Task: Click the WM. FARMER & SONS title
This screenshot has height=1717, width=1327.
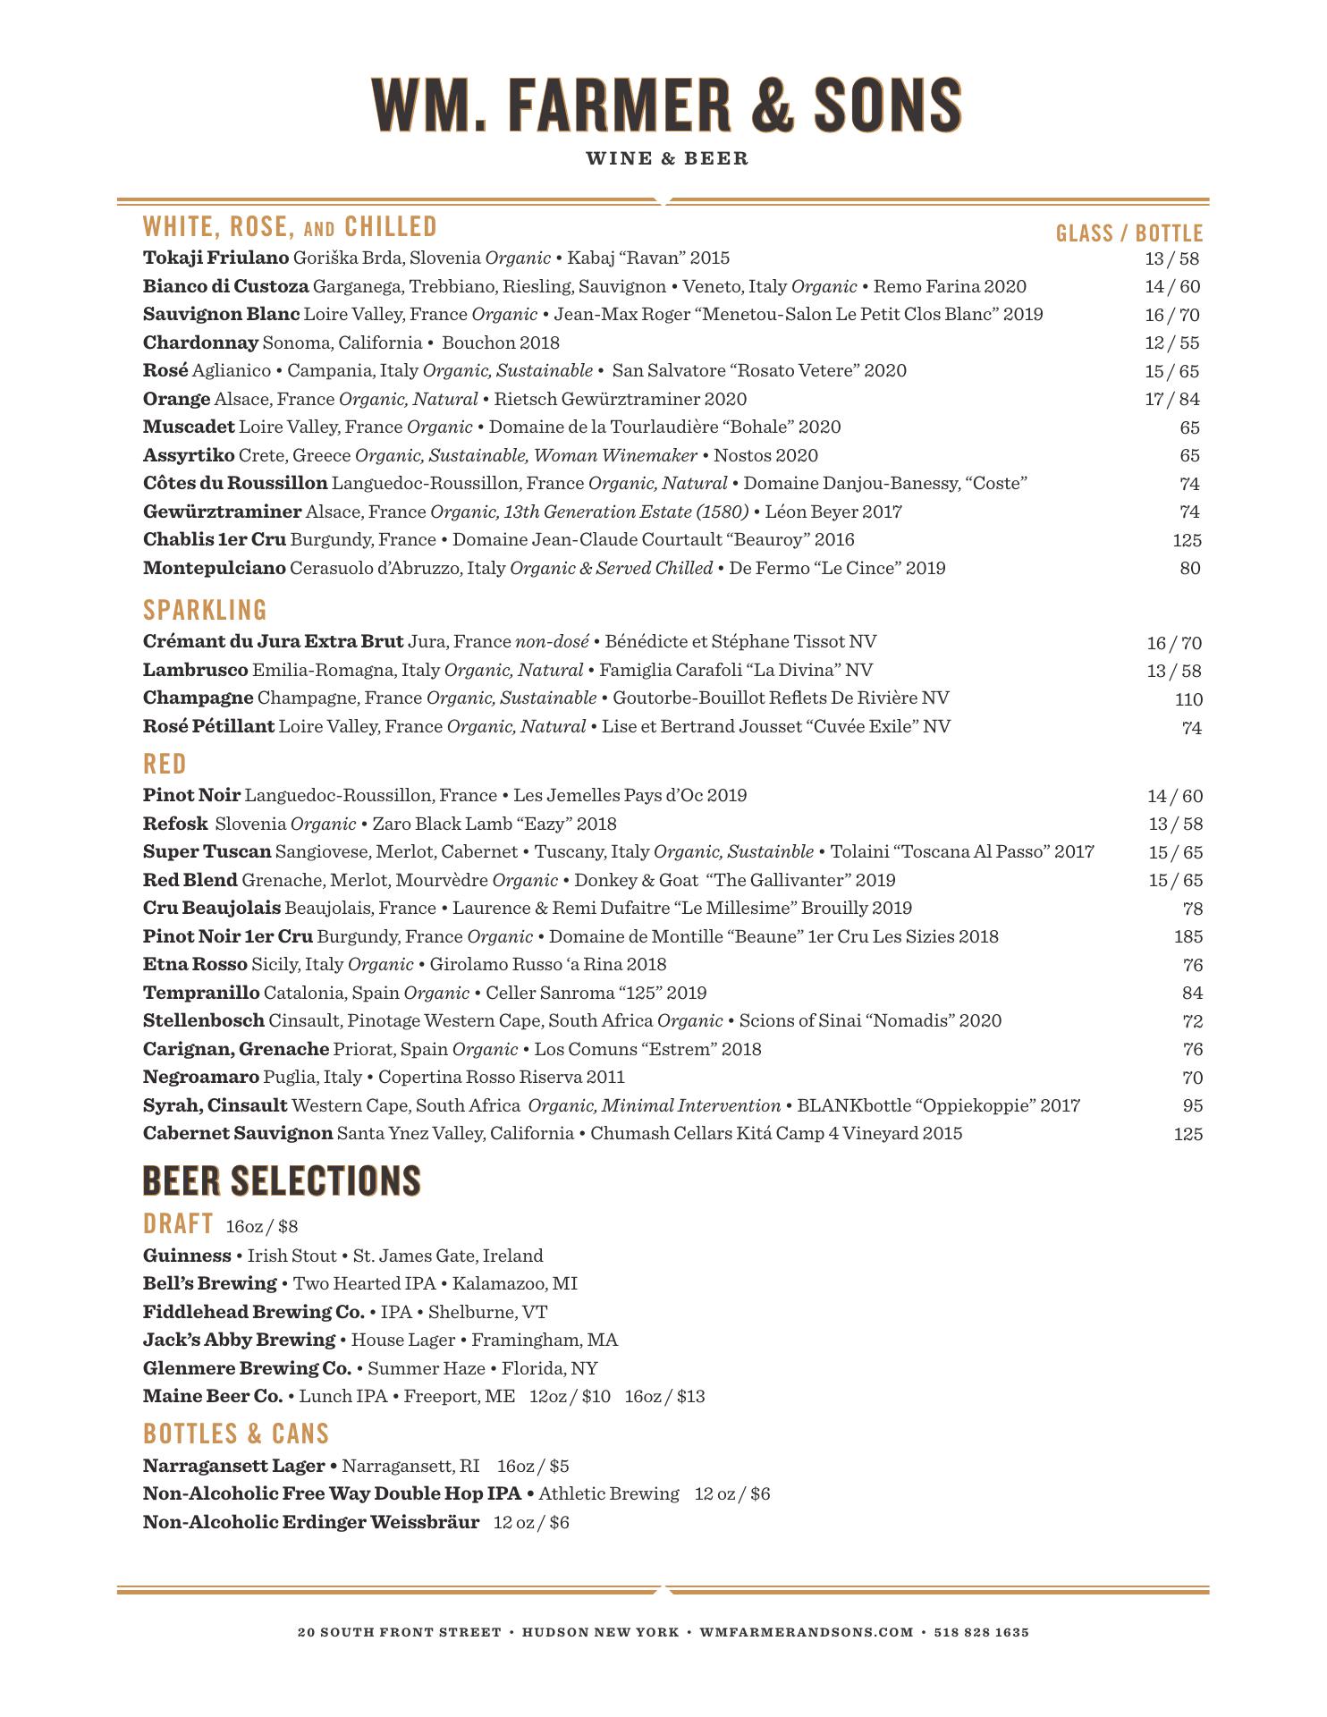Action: click(x=666, y=106)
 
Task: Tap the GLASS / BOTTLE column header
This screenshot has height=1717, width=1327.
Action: click(x=1128, y=233)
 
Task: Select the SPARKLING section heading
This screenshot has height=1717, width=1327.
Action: click(x=205, y=610)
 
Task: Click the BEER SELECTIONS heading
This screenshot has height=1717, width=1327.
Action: click(x=282, y=1180)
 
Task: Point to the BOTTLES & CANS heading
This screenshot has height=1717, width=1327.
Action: click(x=236, y=1434)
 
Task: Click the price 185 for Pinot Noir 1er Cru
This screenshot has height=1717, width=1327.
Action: click(x=1188, y=936)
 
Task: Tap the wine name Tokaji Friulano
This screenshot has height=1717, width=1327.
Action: click(x=216, y=258)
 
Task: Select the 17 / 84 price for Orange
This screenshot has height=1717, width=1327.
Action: click(x=1172, y=399)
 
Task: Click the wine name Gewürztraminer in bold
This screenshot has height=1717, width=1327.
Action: click(x=222, y=512)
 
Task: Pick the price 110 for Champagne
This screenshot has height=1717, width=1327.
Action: click(x=1188, y=699)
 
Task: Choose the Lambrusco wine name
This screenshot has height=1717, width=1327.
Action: click(x=195, y=670)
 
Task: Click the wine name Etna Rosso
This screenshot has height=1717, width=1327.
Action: click(x=195, y=964)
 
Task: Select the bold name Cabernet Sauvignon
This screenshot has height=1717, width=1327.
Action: click(x=238, y=1134)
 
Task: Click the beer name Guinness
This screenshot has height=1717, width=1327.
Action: click(x=187, y=1256)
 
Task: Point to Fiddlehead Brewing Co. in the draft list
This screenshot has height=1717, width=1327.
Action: click(x=253, y=1312)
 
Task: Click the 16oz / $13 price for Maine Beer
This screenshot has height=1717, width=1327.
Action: click(x=664, y=1396)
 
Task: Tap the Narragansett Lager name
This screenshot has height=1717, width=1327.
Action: click(x=233, y=1466)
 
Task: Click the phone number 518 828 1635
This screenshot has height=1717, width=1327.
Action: click(x=981, y=1632)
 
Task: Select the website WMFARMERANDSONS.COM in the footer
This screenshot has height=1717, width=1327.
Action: click(x=807, y=1632)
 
